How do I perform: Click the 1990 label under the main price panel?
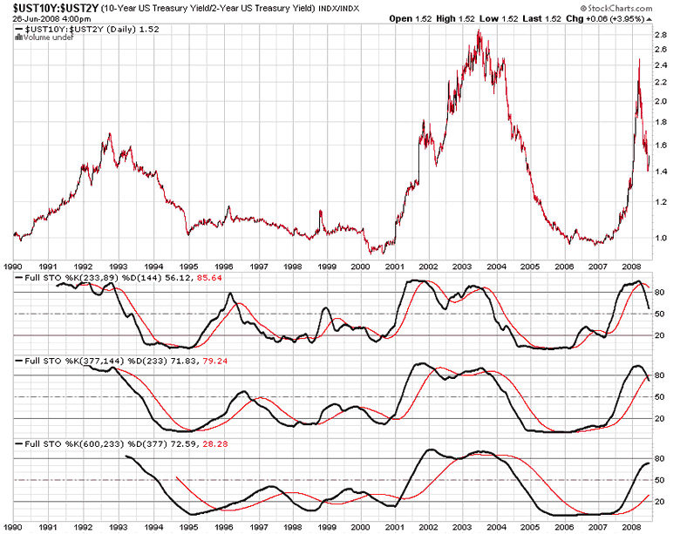(13, 267)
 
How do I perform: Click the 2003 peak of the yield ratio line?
(479, 32)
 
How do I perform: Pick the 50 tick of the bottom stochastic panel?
(660, 481)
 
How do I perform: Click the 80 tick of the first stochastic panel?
(660, 292)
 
